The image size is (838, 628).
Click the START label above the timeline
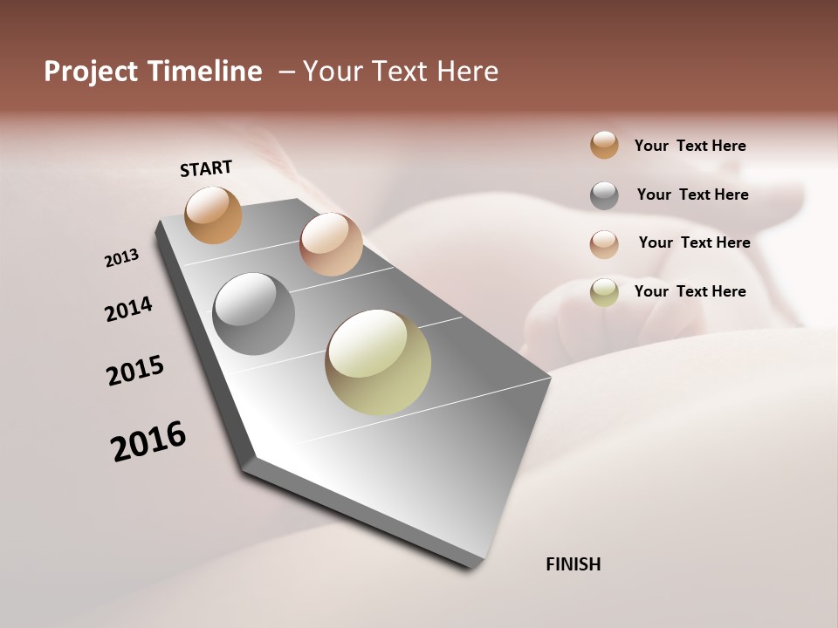click(206, 168)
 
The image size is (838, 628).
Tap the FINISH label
click(573, 564)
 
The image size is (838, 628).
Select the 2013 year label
click(121, 258)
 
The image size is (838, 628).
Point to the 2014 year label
click(128, 310)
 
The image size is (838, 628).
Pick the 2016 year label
click(148, 440)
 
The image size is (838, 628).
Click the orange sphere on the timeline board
click(213, 215)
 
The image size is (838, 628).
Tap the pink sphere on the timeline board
click(331, 243)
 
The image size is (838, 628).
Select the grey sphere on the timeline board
click(253, 313)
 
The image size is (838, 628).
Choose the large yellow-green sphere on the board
click(378, 362)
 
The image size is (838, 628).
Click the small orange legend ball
click(604, 145)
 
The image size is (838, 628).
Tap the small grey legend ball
click(604, 195)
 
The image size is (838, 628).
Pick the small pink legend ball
click(604, 243)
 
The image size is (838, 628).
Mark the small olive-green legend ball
click(604, 292)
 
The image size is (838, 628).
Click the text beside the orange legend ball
click(690, 146)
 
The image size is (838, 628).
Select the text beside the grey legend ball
click(692, 195)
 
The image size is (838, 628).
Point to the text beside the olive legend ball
click(690, 291)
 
